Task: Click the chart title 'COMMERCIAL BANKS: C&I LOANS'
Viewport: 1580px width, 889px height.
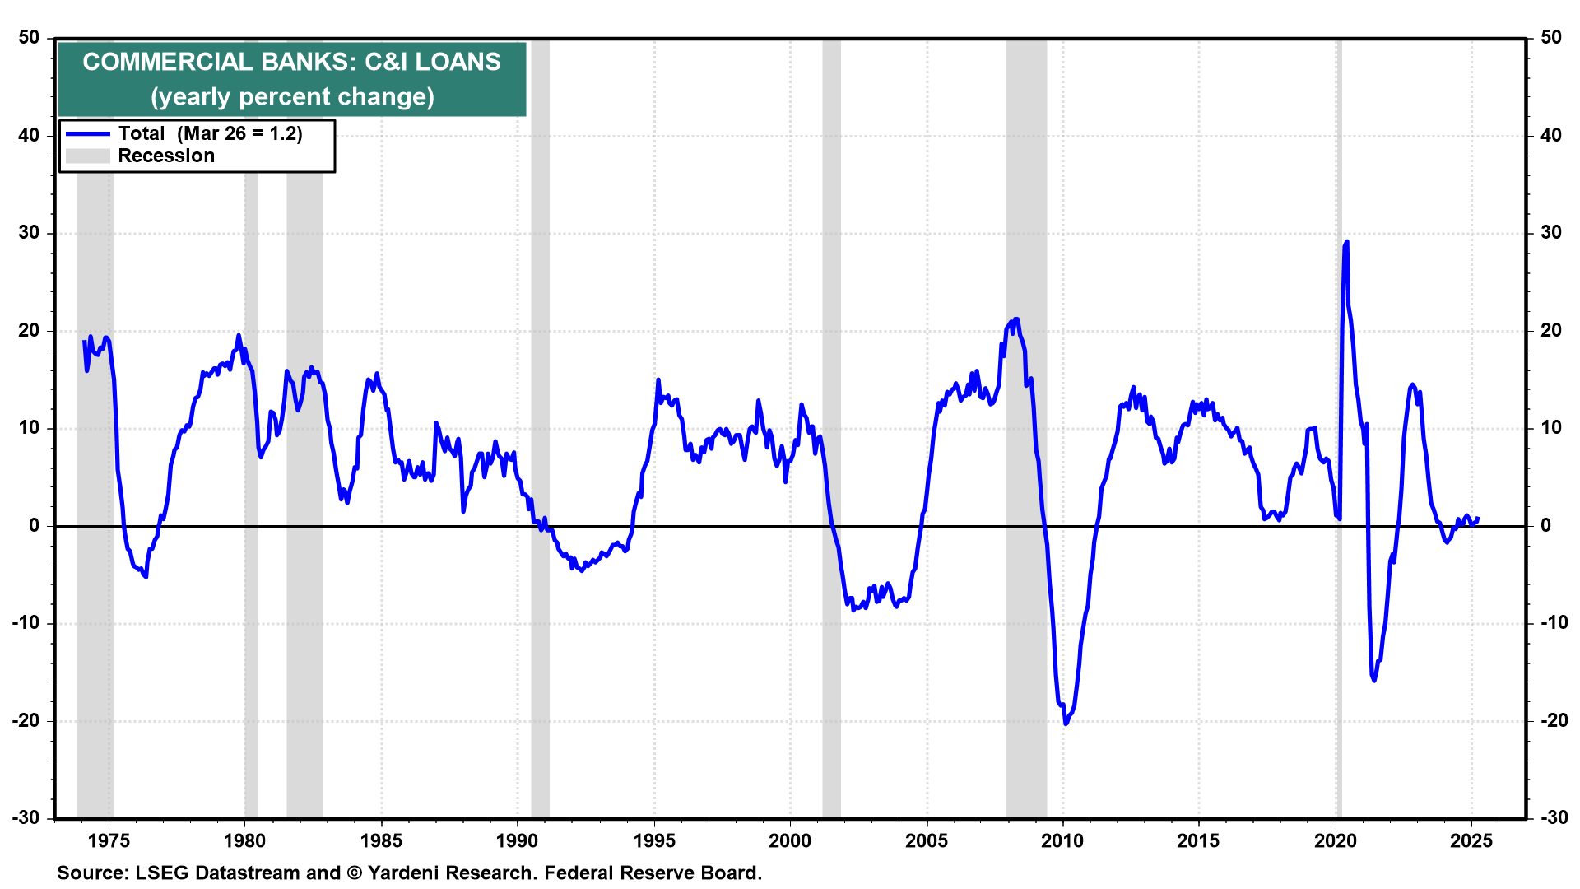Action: (x=291, y=62)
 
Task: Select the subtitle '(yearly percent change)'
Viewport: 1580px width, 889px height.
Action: (x=292, y=97)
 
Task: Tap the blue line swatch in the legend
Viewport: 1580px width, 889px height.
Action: (x=88, y=133)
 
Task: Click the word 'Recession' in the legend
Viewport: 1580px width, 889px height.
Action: (x=166, y=156)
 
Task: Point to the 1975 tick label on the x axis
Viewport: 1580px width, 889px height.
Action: (x=109, y=840)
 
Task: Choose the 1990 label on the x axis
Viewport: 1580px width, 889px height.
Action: (x=517, y=840)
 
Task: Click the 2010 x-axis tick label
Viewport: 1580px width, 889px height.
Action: (x=1062, y=840)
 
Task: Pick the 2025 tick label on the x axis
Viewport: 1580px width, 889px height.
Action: (x=1471, y=840)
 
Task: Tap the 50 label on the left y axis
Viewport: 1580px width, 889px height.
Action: (x=29, y=37)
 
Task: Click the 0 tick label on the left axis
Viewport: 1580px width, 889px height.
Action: (x=34, y=525)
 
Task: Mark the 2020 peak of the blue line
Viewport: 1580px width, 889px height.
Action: (x=1346, y=242)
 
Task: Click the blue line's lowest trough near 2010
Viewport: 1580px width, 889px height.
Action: (x=1066, y=724)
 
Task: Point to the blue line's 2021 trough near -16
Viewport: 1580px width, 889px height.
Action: (x=1373, y=680)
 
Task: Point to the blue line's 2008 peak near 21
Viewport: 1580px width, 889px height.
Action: (x=1016, y=319)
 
